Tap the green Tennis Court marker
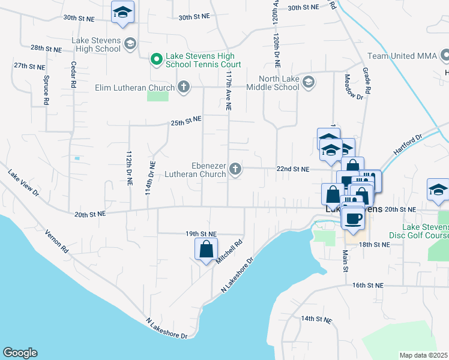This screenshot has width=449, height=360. point(156,59)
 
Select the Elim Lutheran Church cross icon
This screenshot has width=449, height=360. point(183,88)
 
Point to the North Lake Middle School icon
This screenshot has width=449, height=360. point(309,82)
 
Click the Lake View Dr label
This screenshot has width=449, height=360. point(23,184)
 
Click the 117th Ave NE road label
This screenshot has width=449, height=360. point(228,91)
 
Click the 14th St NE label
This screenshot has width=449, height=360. point(316,319)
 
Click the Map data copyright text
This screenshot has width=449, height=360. point(423,355)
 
